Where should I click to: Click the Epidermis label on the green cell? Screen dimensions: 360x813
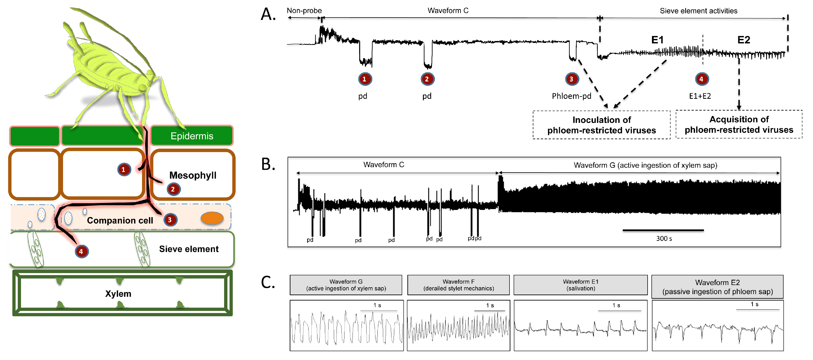192,136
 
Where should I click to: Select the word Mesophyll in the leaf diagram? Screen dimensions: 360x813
193,175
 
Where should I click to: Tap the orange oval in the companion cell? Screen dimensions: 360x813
212,218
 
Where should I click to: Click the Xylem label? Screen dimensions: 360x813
118,294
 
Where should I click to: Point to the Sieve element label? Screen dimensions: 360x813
189,249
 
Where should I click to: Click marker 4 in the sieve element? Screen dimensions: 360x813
81,251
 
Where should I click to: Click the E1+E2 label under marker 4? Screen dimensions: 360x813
700,96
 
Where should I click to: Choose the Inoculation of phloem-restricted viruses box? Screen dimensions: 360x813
602,125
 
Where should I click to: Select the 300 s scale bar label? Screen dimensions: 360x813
664,239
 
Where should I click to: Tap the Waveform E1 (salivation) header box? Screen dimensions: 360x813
580,285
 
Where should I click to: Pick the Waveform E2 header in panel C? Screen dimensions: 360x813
717,287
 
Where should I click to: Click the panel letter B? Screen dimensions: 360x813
268,164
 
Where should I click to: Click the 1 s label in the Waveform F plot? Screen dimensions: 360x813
490,305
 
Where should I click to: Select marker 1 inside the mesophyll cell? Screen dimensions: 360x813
124,169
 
